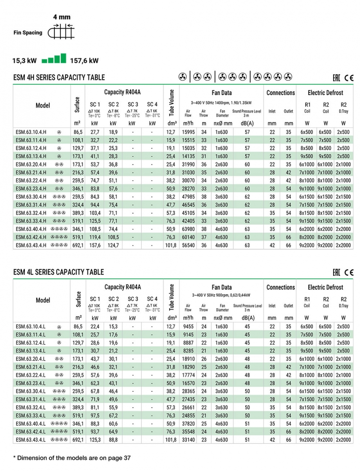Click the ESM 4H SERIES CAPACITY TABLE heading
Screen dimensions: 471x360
coord(59,78)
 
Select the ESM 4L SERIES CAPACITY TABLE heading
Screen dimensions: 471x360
coord(59,272)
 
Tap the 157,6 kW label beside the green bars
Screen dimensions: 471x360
coord(84,60)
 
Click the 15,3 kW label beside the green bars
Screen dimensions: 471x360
coord(26,60)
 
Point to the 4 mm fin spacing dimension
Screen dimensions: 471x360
coord(62,17)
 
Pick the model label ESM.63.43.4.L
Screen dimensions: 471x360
coord(30,440)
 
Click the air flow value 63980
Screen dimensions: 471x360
coord(189,229)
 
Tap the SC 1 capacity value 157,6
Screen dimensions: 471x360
coord(95,245)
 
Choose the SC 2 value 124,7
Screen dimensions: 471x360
coord(113,245)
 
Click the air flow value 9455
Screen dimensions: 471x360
coord(189,326)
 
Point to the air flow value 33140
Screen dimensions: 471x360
coord(189,440)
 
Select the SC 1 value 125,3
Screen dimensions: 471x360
coord(95,440)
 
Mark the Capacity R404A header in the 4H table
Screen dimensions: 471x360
coord(123,92)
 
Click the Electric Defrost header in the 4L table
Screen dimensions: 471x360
coord(326,287)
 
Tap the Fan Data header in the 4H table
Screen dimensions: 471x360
coord(222,92)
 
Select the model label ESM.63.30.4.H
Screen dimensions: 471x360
coord(31,197)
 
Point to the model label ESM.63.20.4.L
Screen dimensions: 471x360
coord(30,359)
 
